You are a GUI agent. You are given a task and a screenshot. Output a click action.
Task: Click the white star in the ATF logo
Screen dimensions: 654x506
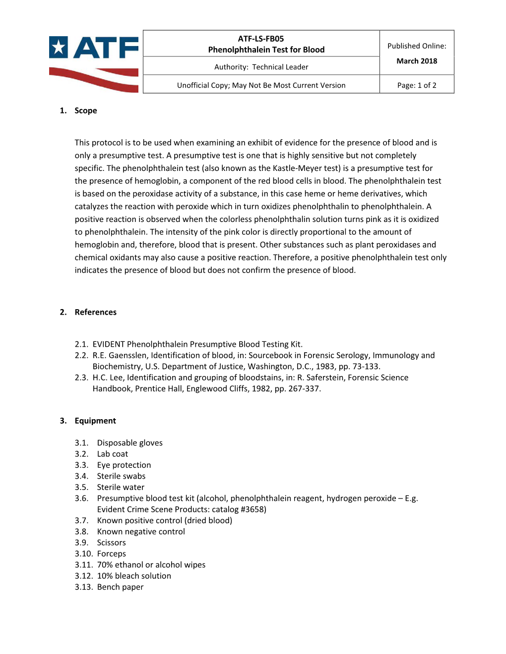(59, 48)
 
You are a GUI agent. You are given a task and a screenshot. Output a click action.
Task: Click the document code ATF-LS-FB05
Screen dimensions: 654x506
(261, 39)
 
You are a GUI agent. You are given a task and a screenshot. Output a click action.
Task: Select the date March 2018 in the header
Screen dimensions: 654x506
(417, 61)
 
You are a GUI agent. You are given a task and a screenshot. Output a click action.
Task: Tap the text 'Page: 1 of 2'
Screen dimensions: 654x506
(417, 85)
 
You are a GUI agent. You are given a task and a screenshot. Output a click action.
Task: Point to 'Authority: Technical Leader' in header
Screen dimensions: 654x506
(261, 67)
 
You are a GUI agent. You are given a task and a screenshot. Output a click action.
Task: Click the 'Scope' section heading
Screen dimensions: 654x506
(86, 110)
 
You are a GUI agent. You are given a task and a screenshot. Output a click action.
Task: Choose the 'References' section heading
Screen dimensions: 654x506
(96, 312)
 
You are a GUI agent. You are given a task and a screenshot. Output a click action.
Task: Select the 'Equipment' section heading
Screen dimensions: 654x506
(95, 421)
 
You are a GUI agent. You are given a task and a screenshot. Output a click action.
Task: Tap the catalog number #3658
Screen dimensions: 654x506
(253, 509)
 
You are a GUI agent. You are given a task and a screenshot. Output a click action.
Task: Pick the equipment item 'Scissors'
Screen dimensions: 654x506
(112, 543)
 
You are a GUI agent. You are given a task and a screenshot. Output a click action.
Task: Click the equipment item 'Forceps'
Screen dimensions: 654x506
(112, 553)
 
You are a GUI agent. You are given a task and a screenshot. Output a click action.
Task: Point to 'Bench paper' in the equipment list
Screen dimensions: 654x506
(121, 587)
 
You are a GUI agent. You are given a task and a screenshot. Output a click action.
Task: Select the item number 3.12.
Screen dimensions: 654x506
(84, 576)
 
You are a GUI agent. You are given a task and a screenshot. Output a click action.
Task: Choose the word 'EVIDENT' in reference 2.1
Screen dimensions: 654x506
(109, 344)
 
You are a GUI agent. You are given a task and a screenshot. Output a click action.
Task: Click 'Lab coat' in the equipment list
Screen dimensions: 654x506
(113, 454)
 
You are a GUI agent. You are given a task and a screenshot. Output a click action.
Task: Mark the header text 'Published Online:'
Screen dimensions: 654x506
(417, 46)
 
